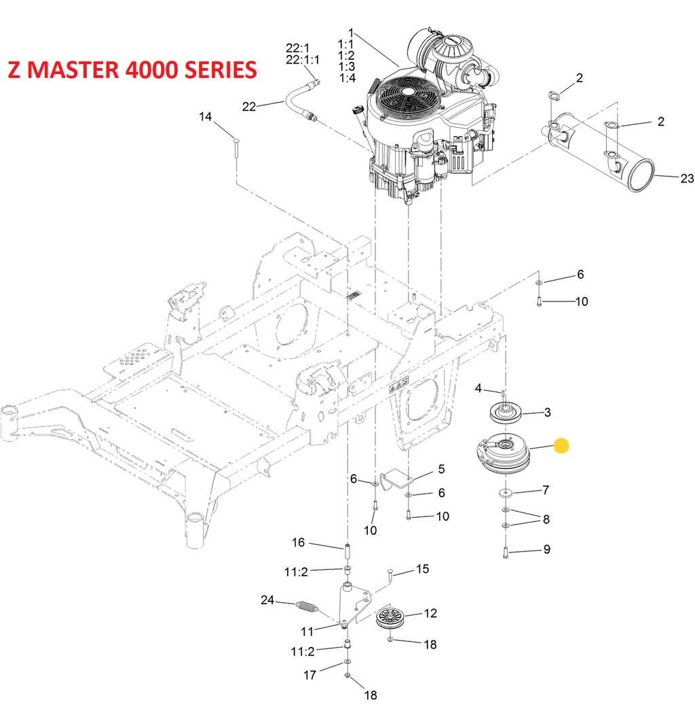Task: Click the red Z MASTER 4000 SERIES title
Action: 132,70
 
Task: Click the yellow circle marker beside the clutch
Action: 561,446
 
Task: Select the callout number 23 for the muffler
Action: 687,179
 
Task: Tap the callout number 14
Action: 205,117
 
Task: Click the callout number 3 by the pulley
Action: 547,412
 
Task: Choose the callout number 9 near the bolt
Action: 546,549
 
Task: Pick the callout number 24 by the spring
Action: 268,599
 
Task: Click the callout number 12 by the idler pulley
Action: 430,613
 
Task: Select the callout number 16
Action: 299,542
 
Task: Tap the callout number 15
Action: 422,569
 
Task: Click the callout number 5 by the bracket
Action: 441,468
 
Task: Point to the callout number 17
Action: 309,675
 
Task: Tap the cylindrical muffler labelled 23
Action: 597,153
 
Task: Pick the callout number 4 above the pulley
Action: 478,388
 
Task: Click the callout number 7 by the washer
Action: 546,489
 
